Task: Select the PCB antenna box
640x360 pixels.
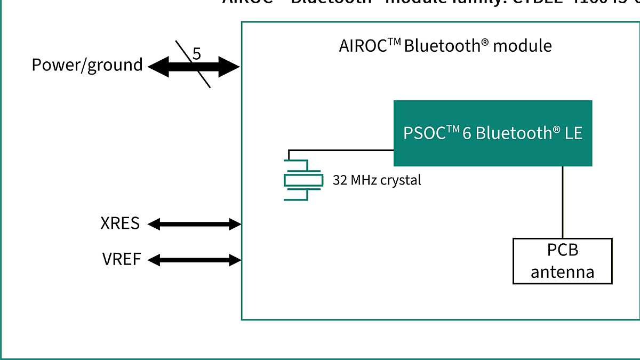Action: [x=562, y=261]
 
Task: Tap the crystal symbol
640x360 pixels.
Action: [x=303, y=180]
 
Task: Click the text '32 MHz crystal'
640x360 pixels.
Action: [x=377, y=180]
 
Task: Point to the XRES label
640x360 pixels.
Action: [x=120, y=223]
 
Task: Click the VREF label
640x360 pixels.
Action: [x=122, y=260]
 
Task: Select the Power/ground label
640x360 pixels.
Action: [x=87, y=65]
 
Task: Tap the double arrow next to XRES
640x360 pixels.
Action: [x=194, y=224]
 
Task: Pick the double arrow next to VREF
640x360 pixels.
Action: [x=194, y=260]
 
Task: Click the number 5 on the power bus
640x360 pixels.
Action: [x=196, y=54]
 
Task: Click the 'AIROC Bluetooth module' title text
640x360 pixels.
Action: [x=445, y=46]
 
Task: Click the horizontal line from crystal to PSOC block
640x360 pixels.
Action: [x=341, y=150]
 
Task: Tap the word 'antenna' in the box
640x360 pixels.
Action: [x=562, y=272]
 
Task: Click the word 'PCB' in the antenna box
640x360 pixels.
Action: [x=562, y=250]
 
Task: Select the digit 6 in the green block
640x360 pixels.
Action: [x=466, y=133]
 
